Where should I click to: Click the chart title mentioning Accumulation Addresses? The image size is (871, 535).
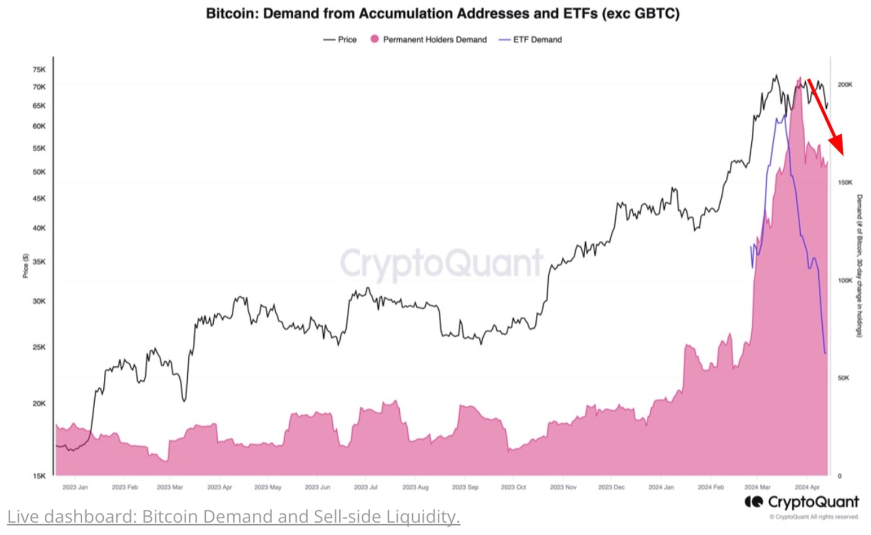[442, 14]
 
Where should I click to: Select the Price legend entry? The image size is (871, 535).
[340, 40]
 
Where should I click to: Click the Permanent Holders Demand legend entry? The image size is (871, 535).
[429, 40]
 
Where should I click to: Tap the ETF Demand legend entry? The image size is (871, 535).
[531, 40]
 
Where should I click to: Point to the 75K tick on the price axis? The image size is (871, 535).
[39, 70]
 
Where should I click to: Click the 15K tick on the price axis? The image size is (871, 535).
[39, 476]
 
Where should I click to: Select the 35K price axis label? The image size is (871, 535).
[39, 262]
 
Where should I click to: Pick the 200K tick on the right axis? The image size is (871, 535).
[845, 84]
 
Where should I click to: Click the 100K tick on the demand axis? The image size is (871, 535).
[845, 281]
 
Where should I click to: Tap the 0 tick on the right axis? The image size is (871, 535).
[840, 476]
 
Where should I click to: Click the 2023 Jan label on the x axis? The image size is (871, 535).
[75, 487]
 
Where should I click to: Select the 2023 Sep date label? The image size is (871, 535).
[465, 487]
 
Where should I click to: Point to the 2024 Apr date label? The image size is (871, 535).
[807, 487]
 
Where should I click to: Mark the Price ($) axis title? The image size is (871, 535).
[26, 266]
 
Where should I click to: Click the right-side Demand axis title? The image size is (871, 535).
[859, 266]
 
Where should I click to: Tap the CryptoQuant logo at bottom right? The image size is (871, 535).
[802, 502]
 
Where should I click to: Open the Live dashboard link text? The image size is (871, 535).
[233, 516]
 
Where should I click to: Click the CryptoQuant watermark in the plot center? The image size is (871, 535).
[441, 263]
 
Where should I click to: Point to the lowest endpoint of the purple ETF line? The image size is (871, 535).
[825, 353]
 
